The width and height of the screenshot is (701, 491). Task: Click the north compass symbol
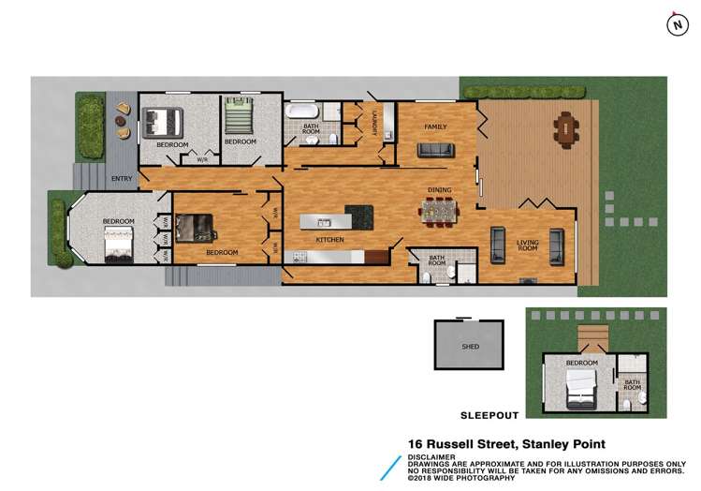click(674, 25)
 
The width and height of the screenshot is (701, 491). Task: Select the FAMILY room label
click(435, 126)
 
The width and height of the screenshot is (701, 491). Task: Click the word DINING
click(440, 190)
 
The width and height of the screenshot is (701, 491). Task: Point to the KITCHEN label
click(329, 240)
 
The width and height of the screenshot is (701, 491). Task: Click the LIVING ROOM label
click(528, 245)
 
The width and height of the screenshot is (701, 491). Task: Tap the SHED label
click(471, 347)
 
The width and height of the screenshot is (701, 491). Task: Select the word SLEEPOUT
click(487, 413)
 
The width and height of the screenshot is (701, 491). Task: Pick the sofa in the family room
click(435, 151)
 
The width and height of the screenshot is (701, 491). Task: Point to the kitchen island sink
click(323, 223)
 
